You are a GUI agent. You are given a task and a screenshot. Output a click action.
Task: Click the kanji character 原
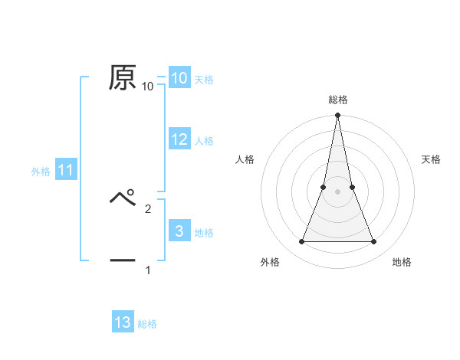tap(123, 77)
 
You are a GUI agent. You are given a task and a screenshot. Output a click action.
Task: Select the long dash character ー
tap(123, 260)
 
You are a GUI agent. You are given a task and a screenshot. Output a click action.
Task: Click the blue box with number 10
tap(179, 78)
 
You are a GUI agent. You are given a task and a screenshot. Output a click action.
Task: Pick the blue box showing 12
tap(179, 139)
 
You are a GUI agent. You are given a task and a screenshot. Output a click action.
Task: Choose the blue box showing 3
tap(179, 231)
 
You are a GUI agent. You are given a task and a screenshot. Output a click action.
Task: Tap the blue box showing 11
tap(65, 171)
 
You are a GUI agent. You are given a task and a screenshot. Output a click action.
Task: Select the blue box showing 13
tap(123, 322)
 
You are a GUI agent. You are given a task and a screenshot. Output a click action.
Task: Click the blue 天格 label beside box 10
tap(204, 79)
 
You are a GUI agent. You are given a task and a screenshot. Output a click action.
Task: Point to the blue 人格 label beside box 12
tap(204, 141)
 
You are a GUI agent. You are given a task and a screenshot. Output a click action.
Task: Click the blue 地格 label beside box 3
tap(204, 233)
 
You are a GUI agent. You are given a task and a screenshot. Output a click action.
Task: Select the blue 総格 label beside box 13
tap(147, 324)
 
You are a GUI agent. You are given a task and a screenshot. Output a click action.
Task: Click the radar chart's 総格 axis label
tap(338, 100)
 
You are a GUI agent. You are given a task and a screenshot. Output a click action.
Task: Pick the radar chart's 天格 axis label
tap(432, 159)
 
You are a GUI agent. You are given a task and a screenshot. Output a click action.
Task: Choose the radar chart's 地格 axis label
tap(402, 263)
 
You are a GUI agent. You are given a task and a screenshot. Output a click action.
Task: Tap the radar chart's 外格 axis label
tap(270, 263)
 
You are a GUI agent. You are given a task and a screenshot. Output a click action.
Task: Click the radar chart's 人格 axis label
tap(245, 159)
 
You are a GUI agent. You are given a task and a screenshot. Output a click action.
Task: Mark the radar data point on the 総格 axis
tap(337, 116)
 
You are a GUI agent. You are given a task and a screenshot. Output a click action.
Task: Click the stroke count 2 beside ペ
tap(148, 208)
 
